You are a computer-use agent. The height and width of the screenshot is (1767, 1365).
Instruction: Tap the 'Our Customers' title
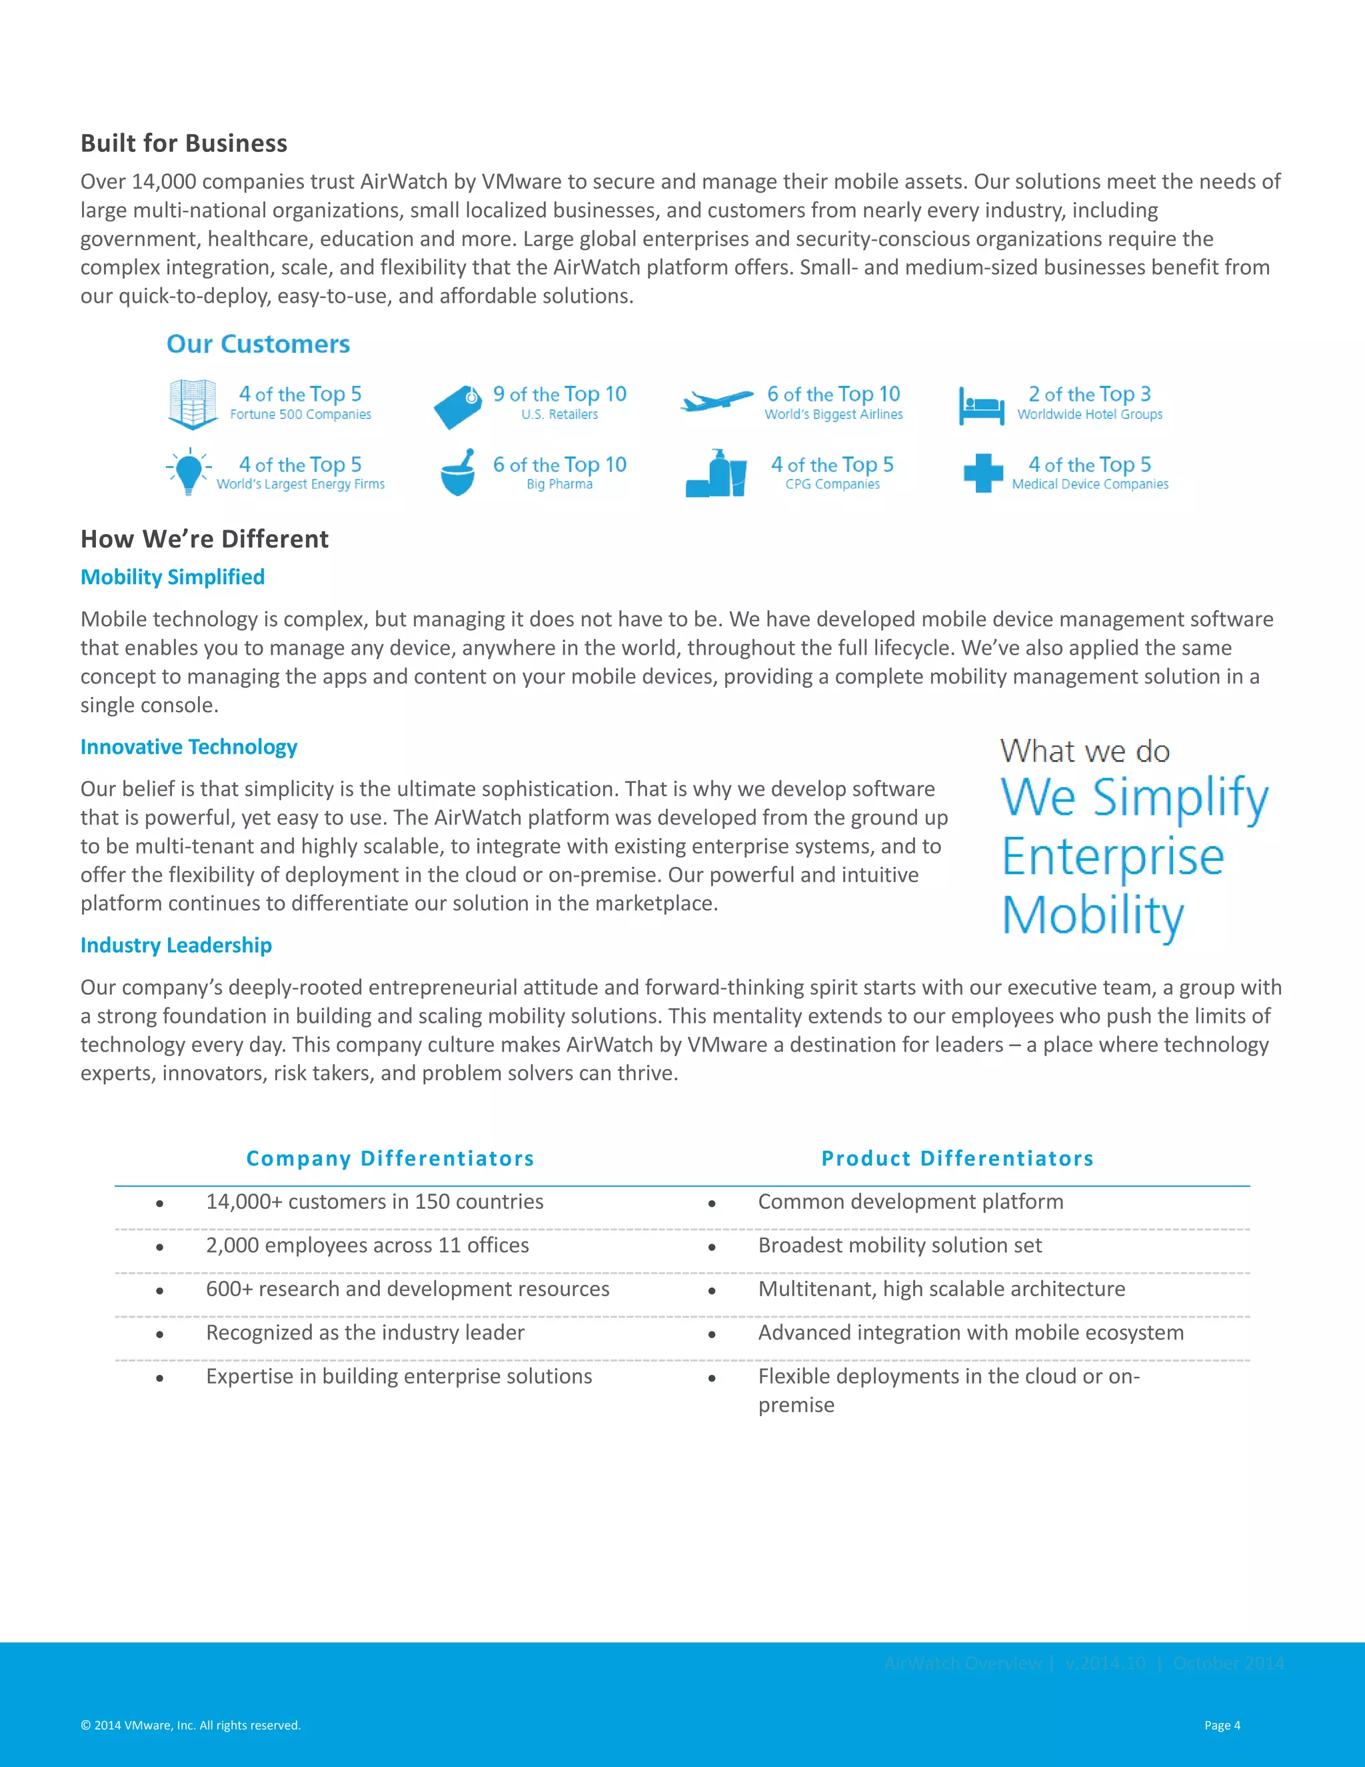(258, 344)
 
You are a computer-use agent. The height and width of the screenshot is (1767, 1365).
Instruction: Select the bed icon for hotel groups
(981, 405)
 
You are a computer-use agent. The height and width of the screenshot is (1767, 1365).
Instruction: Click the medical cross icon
(982, 473)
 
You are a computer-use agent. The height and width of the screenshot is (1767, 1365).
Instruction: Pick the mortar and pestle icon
(458, 473)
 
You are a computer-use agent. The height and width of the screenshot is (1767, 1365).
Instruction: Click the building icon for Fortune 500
(193, 403)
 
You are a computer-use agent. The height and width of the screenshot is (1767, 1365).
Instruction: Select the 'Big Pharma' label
(560, 485)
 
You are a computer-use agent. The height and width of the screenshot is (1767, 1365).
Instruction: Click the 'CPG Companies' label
(832, 485)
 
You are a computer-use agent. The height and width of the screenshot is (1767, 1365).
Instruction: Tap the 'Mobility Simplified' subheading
(172, 577)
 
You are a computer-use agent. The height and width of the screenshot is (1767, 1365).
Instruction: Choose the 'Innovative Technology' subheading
(189, 747)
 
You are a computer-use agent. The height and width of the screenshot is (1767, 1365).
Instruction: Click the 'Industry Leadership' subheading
(175, 945)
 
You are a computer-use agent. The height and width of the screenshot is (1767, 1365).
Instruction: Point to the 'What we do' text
(1084, 751)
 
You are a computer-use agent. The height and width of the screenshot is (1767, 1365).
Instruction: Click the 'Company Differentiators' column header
(390, 1159)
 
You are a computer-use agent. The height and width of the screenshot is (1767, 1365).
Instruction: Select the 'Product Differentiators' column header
(958, 1159)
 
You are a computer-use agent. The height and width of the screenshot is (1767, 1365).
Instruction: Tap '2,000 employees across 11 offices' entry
(367, 1245)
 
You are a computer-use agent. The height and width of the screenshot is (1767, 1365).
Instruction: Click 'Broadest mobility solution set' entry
(899, 1245)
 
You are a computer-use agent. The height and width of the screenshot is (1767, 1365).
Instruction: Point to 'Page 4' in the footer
(1221, 1725)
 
